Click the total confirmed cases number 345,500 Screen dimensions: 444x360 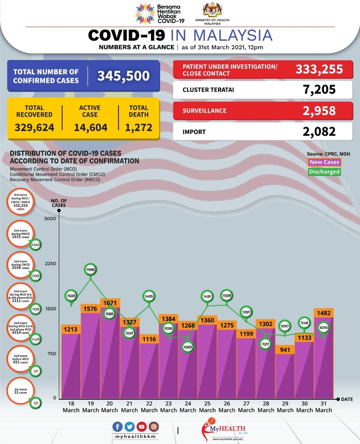click(x=123, y=76)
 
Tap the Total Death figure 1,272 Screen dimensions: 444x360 click(x=139, y=127)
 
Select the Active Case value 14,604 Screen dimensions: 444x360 click(x=91, y=127)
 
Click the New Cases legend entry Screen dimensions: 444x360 click(x=325, y=162)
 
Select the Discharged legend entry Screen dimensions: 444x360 click(x=325, y=171)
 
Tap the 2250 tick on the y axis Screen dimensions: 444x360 click(x=50, y=264)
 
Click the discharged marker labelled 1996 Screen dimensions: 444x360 click(x=91, y=270)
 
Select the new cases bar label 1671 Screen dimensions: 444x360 click(x=110, y=303)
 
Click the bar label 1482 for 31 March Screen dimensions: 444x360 click(x=324, y=313)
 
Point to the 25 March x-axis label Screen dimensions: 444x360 click(x=207, y=407)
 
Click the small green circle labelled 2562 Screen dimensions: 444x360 click(x=36, y=276)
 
